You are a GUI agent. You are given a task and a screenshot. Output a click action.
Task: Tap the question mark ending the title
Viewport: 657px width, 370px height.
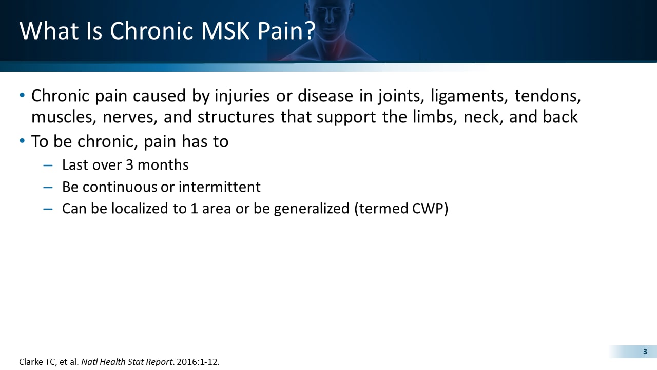click(x=308, y=31)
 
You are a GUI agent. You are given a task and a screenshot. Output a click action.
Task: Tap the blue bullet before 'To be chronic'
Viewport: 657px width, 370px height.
click(x=22, y=140)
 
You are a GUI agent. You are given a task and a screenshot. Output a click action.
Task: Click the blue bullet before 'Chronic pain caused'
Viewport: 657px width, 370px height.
click(x=22, y=95)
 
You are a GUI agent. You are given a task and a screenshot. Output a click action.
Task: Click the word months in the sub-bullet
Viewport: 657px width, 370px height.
click(x=164, y=165)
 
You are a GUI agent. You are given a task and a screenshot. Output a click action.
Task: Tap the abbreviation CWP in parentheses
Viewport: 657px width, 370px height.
click(x=427, y=209)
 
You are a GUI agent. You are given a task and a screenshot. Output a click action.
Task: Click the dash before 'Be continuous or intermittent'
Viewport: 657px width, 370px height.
click(x=48, y=187)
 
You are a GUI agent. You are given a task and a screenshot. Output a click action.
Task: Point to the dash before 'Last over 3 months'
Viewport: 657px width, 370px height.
click(x=48, y=165)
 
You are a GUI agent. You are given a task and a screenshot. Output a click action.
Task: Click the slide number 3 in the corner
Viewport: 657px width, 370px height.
click(x=645, y=351)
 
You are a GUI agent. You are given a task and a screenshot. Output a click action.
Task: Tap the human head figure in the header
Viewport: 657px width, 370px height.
click(x=328, y=21)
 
